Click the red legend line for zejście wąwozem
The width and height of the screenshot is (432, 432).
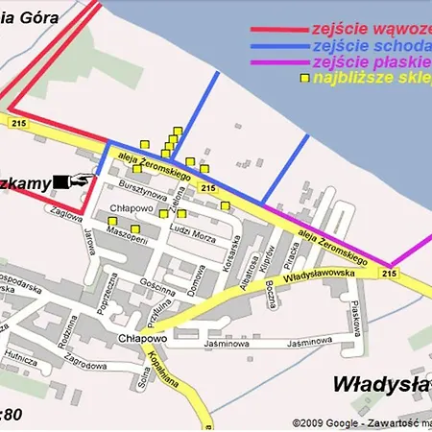click(279, 29)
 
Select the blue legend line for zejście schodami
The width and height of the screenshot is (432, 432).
click(279, 46)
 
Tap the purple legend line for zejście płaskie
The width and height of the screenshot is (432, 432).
click(279, 62)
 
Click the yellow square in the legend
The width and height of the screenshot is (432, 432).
click(304, 78)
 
